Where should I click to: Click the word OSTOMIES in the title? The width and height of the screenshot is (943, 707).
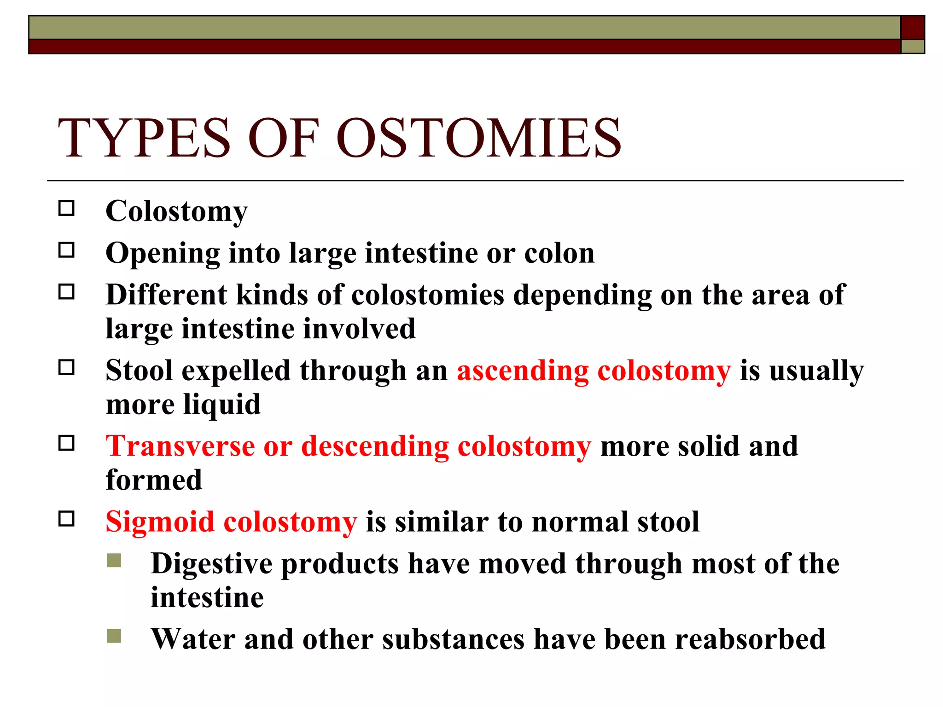click(479, 138)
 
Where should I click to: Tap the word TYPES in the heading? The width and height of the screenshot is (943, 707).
click(144, 138)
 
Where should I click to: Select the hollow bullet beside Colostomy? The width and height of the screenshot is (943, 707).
click(66, 209)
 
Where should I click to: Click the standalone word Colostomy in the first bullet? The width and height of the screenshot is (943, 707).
click(176, 212)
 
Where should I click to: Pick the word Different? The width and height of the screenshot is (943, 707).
click(166, 295)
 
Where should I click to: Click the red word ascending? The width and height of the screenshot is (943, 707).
click(522, 371)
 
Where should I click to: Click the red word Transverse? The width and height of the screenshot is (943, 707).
click(180, 446)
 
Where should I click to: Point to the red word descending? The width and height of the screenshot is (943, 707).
click(375, 446)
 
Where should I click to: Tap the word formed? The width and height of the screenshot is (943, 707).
click(154, 480)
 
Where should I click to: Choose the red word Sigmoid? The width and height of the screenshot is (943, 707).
click(160, 522)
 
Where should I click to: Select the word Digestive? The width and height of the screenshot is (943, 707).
click(211, 564)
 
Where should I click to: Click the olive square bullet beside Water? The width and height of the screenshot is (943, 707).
click(114, 636)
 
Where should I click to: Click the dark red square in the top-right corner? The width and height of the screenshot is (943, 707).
click(912, 27)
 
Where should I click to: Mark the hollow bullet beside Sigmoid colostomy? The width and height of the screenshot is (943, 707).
click(66, 519)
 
